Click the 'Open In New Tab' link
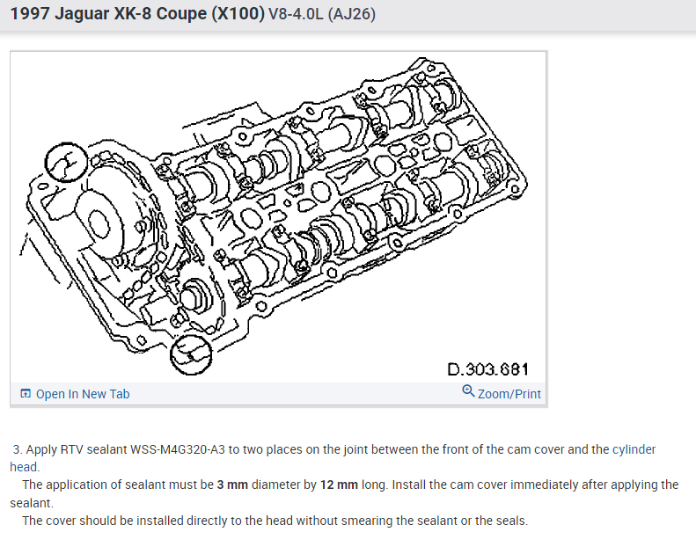pos(83,394)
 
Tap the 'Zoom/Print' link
pos(509,394)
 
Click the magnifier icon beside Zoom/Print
pos(468,391)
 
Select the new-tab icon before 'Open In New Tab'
pos(26,393)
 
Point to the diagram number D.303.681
pos(487,369)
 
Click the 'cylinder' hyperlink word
pos(634,449)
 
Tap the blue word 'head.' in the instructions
pos(25,467)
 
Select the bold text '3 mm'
pos(232,485)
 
